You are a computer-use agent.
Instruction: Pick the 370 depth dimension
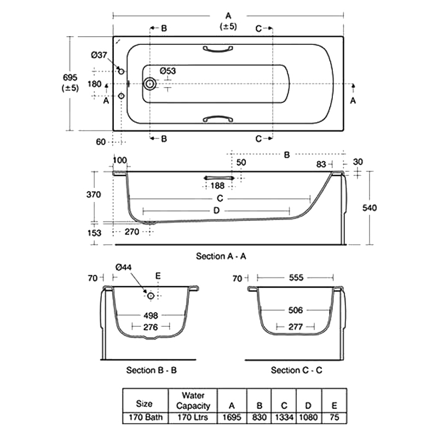94,195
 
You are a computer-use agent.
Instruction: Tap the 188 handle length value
218,185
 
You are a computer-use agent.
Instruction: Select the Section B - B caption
151,370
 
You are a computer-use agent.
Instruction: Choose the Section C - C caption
296,370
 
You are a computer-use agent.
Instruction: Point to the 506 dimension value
296,310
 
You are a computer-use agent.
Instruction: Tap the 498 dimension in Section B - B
151,315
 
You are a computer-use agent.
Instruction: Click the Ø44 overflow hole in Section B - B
151,296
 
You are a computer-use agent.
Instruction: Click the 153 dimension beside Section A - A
94,232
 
